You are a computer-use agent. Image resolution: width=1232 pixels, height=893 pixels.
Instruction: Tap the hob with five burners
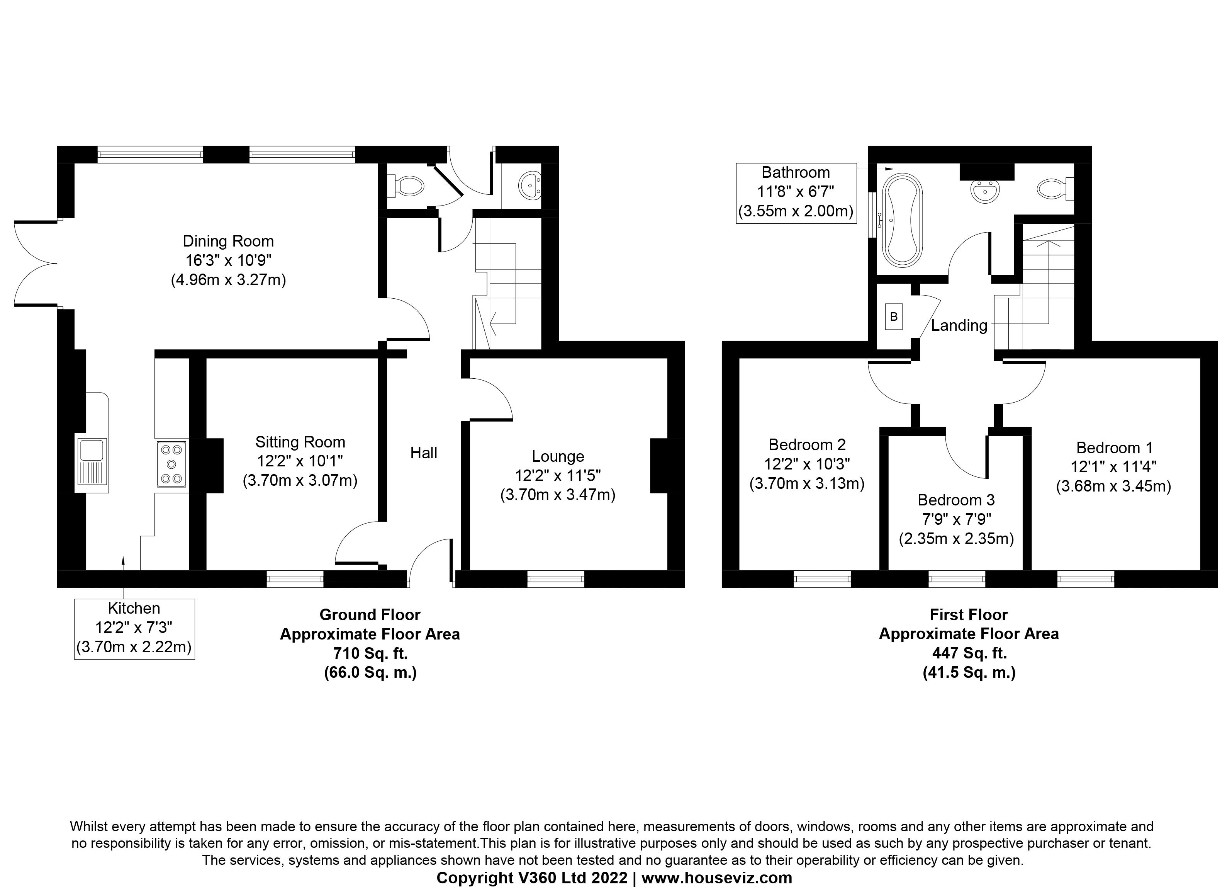point(171,464)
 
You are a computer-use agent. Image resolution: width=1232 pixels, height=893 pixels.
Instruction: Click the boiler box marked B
point(894,316)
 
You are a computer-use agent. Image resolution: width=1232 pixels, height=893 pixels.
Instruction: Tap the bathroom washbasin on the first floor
point(985,191)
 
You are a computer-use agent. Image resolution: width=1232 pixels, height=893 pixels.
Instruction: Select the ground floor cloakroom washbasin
point(529,186)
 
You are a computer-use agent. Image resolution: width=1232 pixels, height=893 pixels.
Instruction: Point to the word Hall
point(423,453)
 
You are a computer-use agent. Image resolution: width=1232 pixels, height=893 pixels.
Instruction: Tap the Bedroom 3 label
point(956,500)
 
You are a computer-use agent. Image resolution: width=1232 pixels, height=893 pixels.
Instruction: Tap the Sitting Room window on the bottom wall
point(295,579)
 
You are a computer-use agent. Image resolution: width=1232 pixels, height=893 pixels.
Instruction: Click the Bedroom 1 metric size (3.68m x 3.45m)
point(1113,486)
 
